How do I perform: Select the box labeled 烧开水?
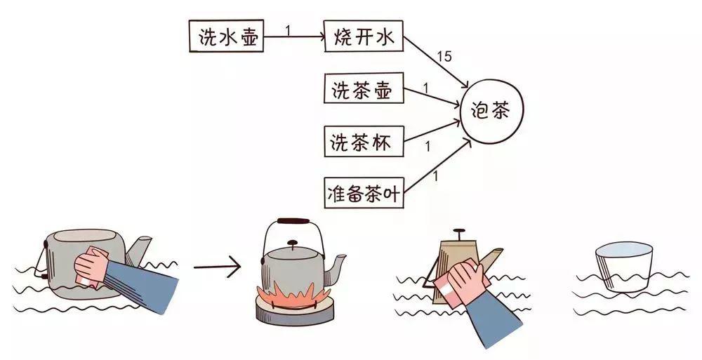(364, 37)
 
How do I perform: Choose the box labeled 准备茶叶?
(364, 192)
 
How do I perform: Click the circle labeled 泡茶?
(491, 112)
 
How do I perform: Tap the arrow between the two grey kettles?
(216, 267)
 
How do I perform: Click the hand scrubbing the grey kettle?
(91, 267)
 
